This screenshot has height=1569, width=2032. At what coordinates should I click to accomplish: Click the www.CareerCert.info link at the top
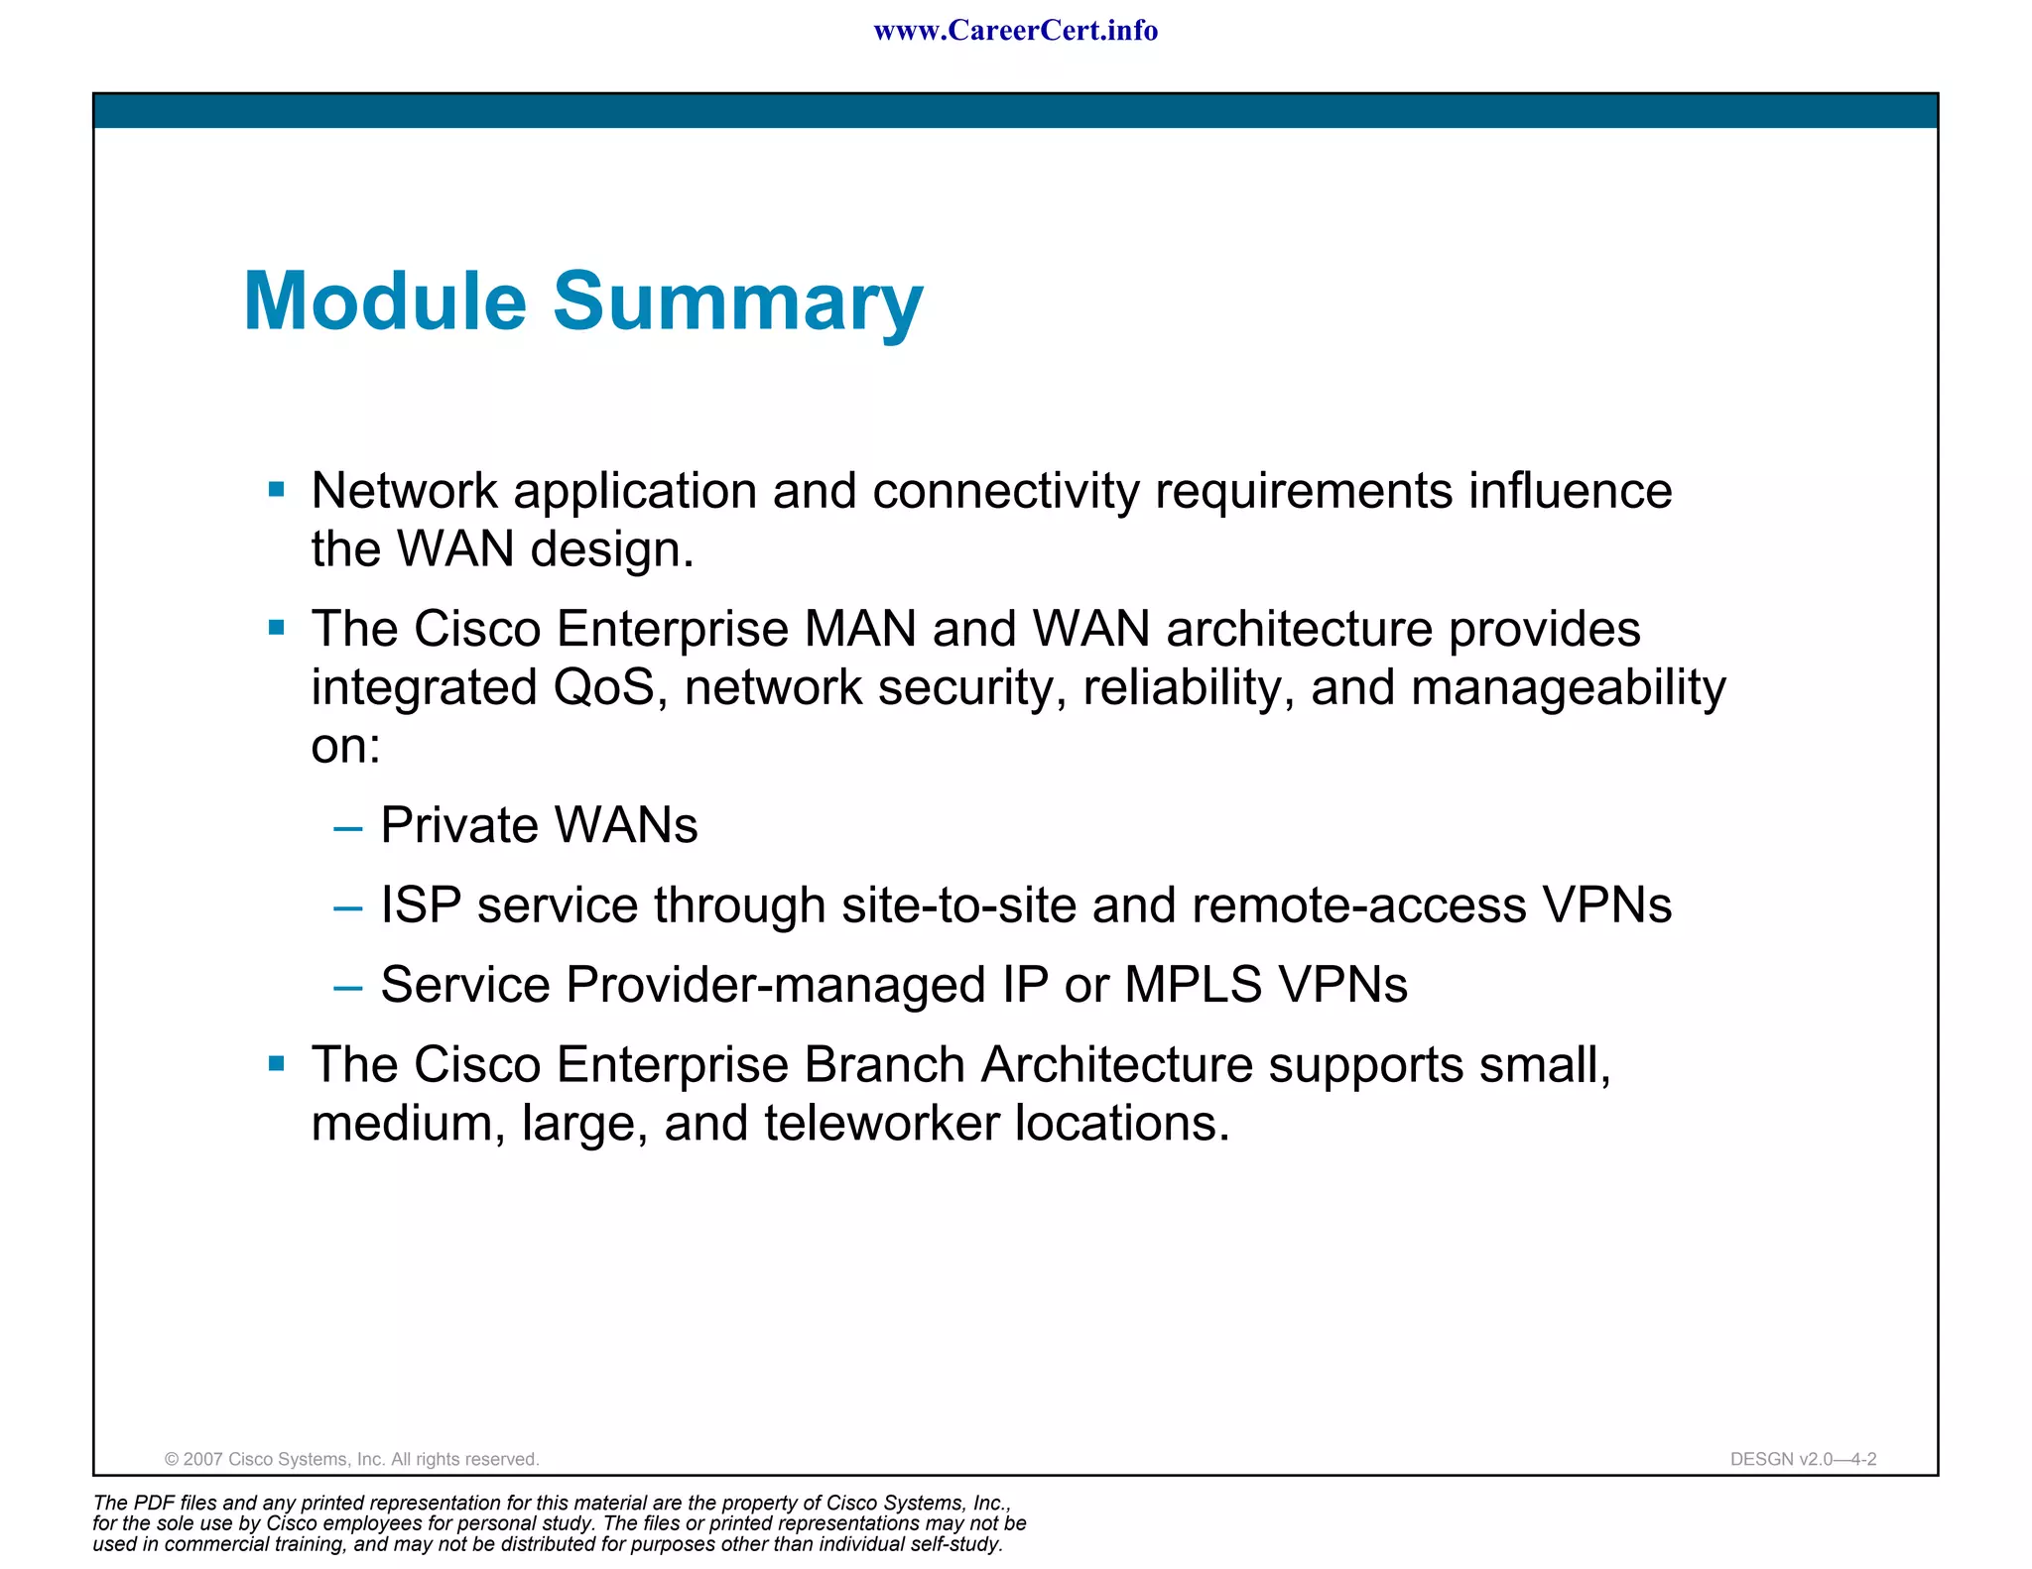1015,31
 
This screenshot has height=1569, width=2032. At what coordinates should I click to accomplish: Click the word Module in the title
385,302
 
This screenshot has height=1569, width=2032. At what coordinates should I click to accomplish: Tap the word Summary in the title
737,302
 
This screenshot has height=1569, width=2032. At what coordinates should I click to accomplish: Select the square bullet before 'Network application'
277,489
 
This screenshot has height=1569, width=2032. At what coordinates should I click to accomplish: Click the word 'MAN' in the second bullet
860,629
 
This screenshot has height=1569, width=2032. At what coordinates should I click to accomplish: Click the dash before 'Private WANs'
347,827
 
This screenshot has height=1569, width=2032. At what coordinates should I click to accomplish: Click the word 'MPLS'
1194,985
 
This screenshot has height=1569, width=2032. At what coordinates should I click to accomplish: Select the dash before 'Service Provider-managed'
347,987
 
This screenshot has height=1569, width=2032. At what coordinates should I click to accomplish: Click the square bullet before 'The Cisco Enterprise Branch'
277,1064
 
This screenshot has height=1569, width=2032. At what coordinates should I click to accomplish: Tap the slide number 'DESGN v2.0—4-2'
1803,1459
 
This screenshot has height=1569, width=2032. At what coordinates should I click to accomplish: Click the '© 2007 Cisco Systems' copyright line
351,1459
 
